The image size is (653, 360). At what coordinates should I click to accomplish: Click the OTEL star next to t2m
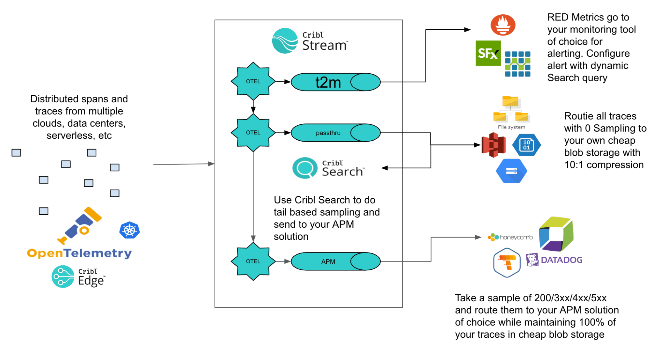[253, 81]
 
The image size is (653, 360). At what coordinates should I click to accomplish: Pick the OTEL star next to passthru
[253, 133]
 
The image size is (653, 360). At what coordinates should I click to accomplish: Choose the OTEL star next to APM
[253, 261]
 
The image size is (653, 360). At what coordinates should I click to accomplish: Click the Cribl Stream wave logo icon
[285, 41]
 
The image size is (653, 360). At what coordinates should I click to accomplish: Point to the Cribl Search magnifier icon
[305, 168]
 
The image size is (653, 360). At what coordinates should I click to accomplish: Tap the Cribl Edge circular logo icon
[63, 276]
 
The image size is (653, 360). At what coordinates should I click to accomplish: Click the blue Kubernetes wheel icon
[129, 230]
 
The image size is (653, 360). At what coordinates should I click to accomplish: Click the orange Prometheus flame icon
[503, 25]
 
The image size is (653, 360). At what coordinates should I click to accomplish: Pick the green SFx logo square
[488, 53]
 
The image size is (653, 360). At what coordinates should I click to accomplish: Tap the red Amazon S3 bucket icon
[494, 145]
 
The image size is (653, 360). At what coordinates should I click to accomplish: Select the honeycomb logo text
[516, 237]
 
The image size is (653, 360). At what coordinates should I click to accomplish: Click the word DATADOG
[561, 260]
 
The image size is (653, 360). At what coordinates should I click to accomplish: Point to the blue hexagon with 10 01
[526, 145]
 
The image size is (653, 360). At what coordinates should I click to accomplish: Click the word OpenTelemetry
[79, 253]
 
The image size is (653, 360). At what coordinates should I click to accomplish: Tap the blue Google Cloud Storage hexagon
[511, 171]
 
